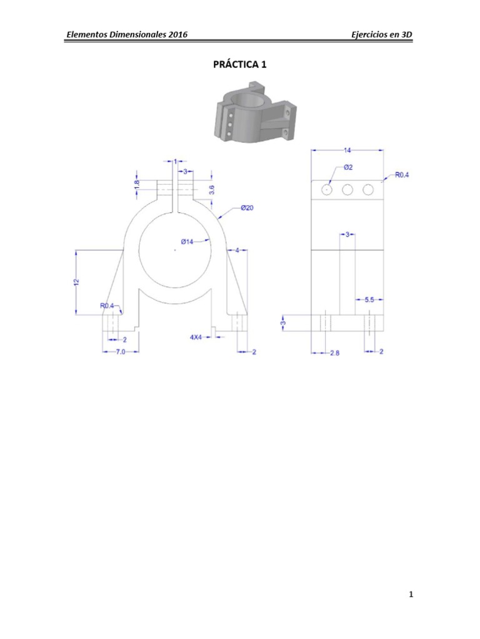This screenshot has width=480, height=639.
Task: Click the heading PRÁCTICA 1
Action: click(x=240, y=64)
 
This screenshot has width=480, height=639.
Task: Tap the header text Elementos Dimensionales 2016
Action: click(x=127, y=35)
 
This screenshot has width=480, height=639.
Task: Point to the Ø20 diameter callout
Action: click(x=247, y=208)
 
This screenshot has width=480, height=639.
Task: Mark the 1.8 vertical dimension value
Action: click(x=137, y=185)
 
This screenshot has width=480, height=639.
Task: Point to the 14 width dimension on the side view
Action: click(x=347, y=150)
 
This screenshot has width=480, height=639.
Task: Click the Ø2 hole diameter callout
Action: click(x=348, y=168)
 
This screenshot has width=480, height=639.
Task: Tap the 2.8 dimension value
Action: click(x=334, y=353)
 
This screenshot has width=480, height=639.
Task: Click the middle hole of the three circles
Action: click(x=347, y=189)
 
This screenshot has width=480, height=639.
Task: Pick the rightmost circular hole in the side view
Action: click(x=368, y=189)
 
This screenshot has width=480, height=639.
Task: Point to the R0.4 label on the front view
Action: click(x=107, y=306)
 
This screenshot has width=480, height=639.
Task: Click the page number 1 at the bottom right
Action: click(x=411, y=595)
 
